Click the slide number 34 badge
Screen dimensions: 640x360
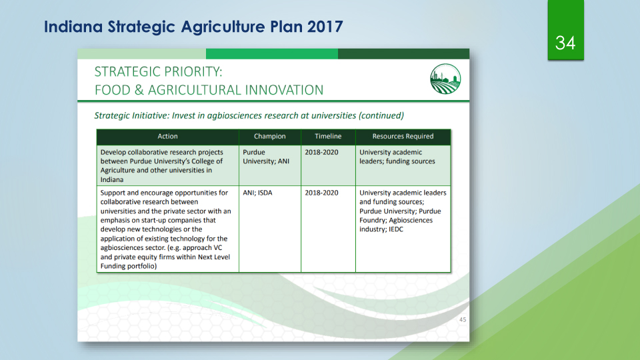565,31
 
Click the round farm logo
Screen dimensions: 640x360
445,79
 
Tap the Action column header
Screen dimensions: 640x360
168,136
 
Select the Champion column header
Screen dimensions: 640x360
270,136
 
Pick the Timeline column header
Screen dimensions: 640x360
328,136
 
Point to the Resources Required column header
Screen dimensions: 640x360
403,136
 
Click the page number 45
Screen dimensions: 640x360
463,319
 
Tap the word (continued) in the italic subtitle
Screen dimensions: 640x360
381,115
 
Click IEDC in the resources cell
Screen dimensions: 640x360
396,229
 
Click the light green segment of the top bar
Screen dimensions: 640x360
141,53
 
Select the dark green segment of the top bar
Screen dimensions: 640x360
404,53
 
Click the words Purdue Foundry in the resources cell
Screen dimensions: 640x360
400,215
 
